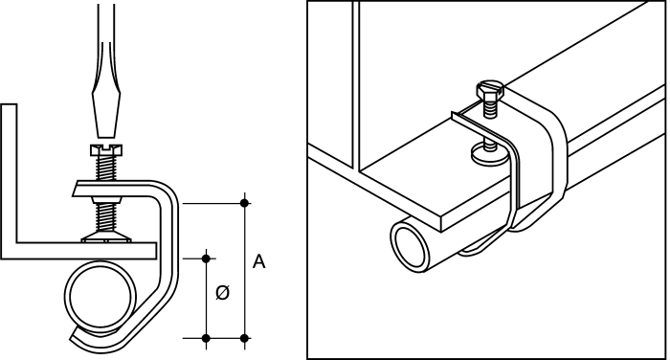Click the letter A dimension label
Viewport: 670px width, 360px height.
pyautogui.click(x=259, y=261)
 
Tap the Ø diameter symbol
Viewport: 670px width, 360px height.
pyautogui.click(x=223, y=293)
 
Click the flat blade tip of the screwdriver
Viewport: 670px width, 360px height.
pyautogui.click(x=106, y=136)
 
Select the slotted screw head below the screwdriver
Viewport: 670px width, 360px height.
pyautogui.click(x=106, y=149)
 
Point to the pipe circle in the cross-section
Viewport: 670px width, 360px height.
pyautogui.click(x=100, y=296)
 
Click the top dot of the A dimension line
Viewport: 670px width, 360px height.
pyautogui.click(x=244, y=203)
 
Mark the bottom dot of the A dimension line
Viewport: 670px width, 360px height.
pyautogui.click(x=244, y=338)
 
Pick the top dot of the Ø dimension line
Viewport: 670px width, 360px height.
pyautogui.click(x=207, y=259)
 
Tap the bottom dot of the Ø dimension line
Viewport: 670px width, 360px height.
pyautogui.click(x=207, y=338)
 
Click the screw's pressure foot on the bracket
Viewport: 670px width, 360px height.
pyautogui.click(x=106, y=236)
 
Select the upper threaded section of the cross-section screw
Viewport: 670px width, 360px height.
pyautogui.click(x=106, y=168)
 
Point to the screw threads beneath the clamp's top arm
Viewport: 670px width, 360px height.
pyautogui.click(x=106, y=217)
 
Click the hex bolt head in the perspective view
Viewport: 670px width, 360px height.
pyautogui.click(x=490, y=90)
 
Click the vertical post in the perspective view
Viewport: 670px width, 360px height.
pyautogui.click(x=355, y=85)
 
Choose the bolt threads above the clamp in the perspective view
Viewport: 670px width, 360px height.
pyautogui.click(x=490, y=108)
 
